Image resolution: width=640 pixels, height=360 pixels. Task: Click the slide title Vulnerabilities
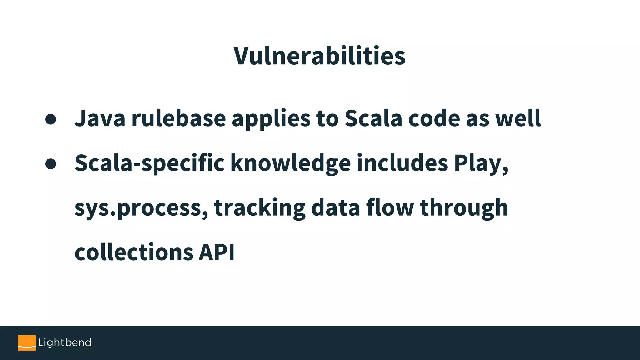tap(319, 56)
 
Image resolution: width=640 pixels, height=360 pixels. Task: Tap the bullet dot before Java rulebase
tap(51, 119)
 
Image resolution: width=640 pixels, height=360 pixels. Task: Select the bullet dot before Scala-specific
tap(51, 164)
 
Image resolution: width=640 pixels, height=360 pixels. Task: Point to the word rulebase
tap(178, 118)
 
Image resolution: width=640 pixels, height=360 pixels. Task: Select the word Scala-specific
tap(149, 163)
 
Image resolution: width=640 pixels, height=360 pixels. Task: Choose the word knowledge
tap(290, 163)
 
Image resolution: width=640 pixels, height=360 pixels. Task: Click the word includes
tap(402, 163)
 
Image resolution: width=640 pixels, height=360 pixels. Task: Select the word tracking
tap(260, 208)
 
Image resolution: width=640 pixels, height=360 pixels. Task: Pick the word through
tap(464, 208)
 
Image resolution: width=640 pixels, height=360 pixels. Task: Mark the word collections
tap(134, 252)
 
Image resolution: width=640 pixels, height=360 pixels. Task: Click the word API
tap(217, 252)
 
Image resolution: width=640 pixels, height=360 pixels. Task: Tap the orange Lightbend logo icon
tap(27, 343)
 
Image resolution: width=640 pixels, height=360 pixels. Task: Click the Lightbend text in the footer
tap(65, 343)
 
